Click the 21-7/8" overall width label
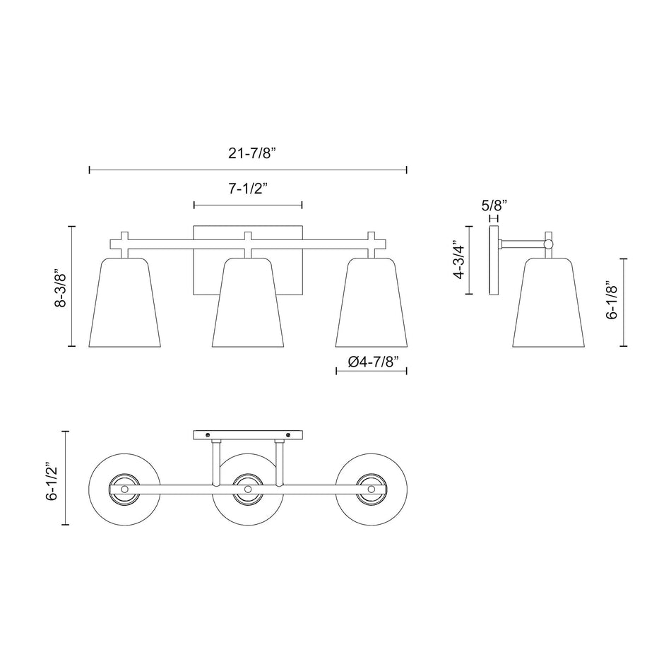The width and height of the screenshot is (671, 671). point(247,153)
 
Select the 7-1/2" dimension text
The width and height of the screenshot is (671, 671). point(247,189)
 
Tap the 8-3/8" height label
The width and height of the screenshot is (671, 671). point(62,286)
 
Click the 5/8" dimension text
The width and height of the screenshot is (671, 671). point(494,206)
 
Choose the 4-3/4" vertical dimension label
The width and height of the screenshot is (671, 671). point(460,260)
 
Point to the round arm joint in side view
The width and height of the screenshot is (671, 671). point(548,244)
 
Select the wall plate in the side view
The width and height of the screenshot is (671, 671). point(494,261)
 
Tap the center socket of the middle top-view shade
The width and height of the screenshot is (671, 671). point(248,488)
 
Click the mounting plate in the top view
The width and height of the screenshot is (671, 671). point(248,434)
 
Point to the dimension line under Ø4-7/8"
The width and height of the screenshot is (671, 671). point(372,371)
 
